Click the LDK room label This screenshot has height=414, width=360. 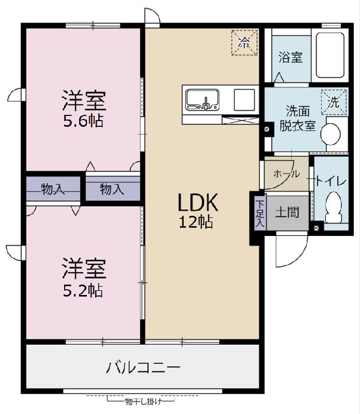[199, 202]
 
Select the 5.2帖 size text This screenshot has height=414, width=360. [83, 290]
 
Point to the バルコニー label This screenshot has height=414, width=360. [143, 368]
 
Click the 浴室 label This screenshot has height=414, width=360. [290, 57]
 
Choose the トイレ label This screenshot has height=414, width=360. [331, 181]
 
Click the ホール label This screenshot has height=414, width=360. [286, 174]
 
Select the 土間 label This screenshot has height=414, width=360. [287, 212]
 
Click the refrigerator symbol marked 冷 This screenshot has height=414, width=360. [244, 43]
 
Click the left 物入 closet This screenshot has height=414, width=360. [53, 189]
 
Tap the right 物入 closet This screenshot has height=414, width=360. [112, 189]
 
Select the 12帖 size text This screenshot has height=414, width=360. [196, 222]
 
